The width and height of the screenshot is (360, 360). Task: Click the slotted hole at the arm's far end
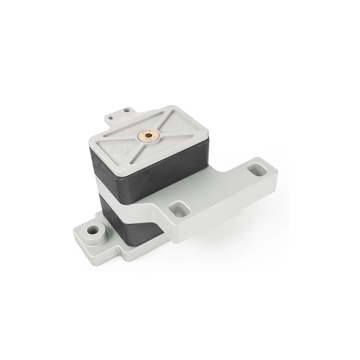pyautogui.click(x=257, y=169)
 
